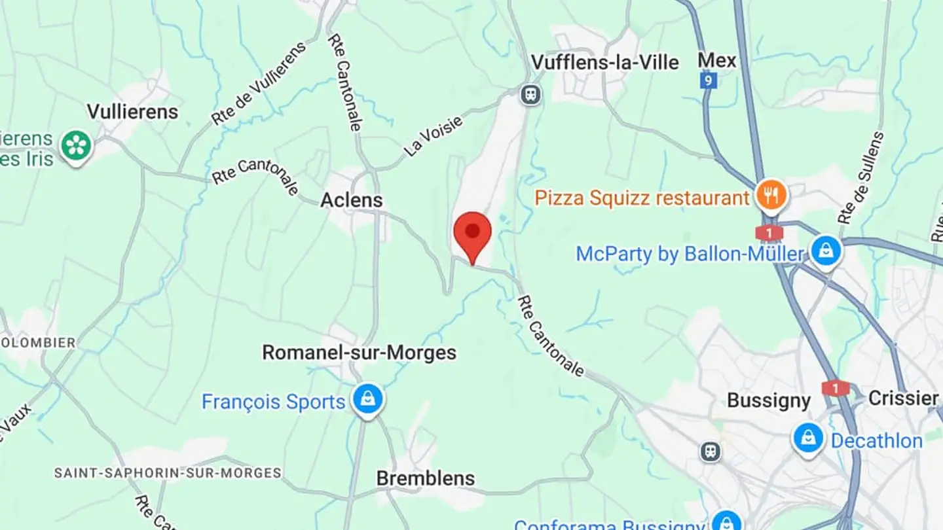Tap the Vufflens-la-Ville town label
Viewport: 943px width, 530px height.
[x=604, y=63]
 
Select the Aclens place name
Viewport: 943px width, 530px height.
[x=352, y=200]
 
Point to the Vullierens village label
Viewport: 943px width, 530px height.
[x=132, y=112]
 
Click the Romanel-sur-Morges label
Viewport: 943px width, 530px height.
[x=359, y=353]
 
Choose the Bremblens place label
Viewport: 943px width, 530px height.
[x=426, y=478]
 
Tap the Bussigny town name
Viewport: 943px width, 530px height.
[x=769, y=400]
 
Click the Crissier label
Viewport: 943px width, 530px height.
[x=903, y=398]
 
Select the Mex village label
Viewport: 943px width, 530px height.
[x=717, y=61]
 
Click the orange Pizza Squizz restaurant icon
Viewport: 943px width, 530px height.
[x=771, y=195]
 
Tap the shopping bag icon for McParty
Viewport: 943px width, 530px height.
[x=826, y=251]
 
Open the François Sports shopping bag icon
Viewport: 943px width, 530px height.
[x=367, y=399]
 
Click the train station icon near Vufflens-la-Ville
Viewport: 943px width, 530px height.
[x=531, y=95]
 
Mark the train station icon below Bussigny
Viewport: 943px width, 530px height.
[x=710, y=451]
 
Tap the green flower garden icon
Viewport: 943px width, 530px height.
[x=77, y=146]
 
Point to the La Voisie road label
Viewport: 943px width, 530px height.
[x=434, y=135]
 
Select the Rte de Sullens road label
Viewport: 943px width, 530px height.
[x=861, y=178]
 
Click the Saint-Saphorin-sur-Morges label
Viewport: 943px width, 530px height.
[x=168, y=472]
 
